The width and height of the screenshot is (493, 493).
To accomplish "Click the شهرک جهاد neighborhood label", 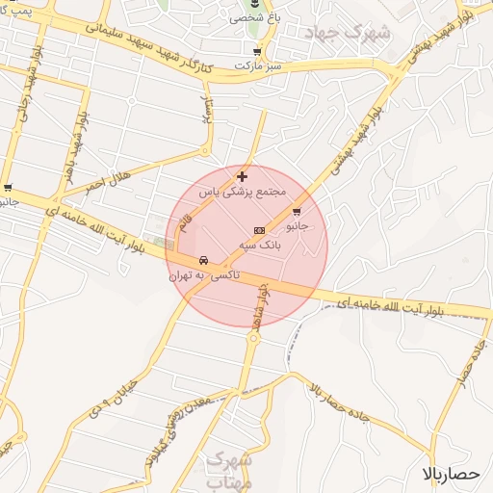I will point(348,33).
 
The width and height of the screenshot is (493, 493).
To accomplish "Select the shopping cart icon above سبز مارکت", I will point(255,51).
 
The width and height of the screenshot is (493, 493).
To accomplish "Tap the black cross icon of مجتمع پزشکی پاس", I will point(241,176).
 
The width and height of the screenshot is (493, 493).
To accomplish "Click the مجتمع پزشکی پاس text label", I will point(244,192).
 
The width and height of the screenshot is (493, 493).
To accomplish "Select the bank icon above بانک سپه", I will point(257,231).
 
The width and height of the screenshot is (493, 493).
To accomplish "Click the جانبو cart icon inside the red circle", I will point(296,212).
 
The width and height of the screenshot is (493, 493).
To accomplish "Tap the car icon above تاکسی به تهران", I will point(203,261).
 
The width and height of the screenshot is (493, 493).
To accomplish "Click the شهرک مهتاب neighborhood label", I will point(229,470).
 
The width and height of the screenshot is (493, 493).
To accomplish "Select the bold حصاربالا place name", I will point(451,474).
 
